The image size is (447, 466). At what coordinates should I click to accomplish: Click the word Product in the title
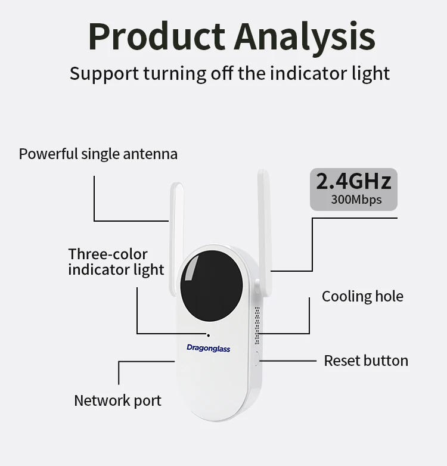pyautogui.click(x=156, y=37)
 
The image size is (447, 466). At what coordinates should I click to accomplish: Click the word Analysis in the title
pyautogui.click(x=305, y=37)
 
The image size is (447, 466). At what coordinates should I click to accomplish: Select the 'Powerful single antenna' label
pyautogui.click(x=98, y=154)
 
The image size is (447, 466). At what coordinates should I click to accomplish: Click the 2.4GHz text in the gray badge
pyautogui.click(x=353, y=181)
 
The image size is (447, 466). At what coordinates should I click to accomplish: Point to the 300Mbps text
pyautogui.click(x=356, y=199)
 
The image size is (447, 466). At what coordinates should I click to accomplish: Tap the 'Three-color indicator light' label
pyautogui.click(x=116, y=262)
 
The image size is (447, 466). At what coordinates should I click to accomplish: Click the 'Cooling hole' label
pyautogui.click(x=362, y=296)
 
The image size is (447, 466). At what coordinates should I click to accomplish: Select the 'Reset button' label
pyautogui.click(x=366, y=361)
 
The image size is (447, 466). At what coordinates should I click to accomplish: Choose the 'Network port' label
pyautogui.click(x=117, y=400)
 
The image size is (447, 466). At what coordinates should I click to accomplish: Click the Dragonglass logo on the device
pyautogui.click(x=208, y=348)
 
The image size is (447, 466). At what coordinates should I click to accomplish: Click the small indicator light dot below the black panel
pyautogui.click(x=208, y=335)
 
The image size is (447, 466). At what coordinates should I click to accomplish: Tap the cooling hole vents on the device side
pyautogui.click(x=257, y=325)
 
